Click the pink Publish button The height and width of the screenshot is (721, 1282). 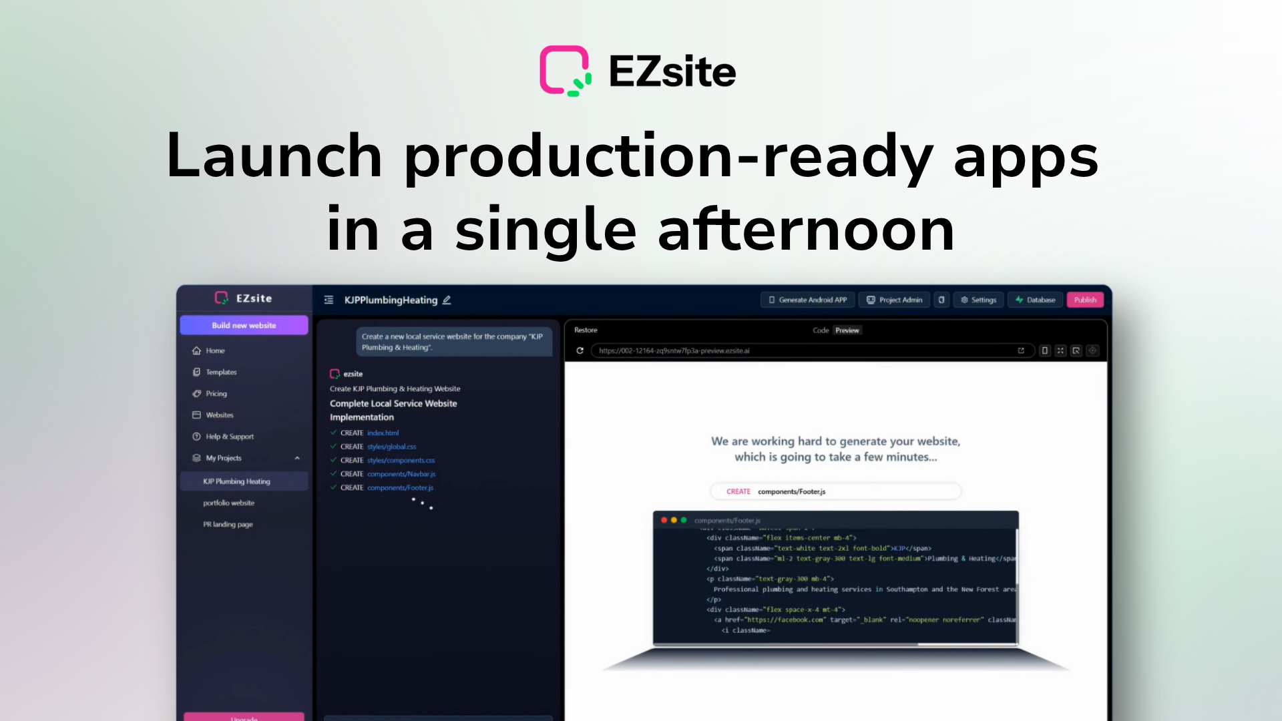tap(1084, 300)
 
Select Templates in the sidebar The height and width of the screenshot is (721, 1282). tap(220, 372)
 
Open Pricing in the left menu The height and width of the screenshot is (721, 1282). tap(216, 393)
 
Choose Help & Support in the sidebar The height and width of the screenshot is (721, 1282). tap(229, 436)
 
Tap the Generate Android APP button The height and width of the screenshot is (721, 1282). tap(807, 300)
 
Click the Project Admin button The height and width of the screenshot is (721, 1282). tap(895, 300)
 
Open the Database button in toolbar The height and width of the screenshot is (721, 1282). tap(1035, 300)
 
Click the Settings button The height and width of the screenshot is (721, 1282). tap(978, 300)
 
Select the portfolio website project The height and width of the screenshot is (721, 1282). tap(228, 503)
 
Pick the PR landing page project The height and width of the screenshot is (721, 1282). tap(228, 524)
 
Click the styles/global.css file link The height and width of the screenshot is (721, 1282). tap(391, 447)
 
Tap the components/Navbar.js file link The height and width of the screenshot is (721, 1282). tap(401, 474)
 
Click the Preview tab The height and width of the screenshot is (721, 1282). tap(847, 330)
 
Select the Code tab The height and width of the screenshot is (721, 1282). tap(820, 330)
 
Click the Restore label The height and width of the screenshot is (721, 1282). tap(586, 330)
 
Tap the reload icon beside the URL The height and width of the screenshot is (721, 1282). tap(580, 350)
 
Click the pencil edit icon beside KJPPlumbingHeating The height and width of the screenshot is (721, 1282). tap(447, 300)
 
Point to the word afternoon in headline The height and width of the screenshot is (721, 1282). tap(806, 230)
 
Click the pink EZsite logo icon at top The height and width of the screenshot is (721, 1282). tap(565, 71)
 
